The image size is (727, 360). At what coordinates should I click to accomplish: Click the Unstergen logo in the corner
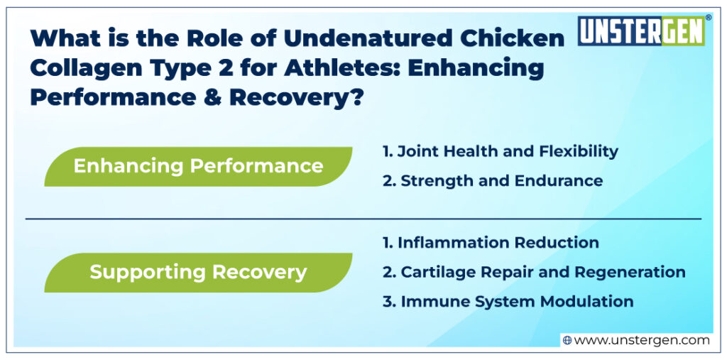pos(640,31)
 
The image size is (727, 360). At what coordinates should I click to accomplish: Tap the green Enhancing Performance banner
pos(198,166)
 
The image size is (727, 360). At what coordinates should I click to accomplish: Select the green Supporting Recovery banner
pos(198,272)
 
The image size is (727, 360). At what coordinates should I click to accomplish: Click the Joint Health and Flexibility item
pos(500,151)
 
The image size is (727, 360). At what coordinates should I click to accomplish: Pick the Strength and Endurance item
pos(492,180)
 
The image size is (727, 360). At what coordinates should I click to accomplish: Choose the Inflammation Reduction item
pos(491,242)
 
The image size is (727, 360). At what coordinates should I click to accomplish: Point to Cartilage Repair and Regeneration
pos(534,272)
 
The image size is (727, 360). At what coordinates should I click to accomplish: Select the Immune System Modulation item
pos(508,301)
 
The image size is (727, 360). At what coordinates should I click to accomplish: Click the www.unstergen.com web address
pos(641,340)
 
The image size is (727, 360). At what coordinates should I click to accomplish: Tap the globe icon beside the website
pos(567,340)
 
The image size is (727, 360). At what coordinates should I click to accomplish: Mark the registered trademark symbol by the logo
pos(707,18)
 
